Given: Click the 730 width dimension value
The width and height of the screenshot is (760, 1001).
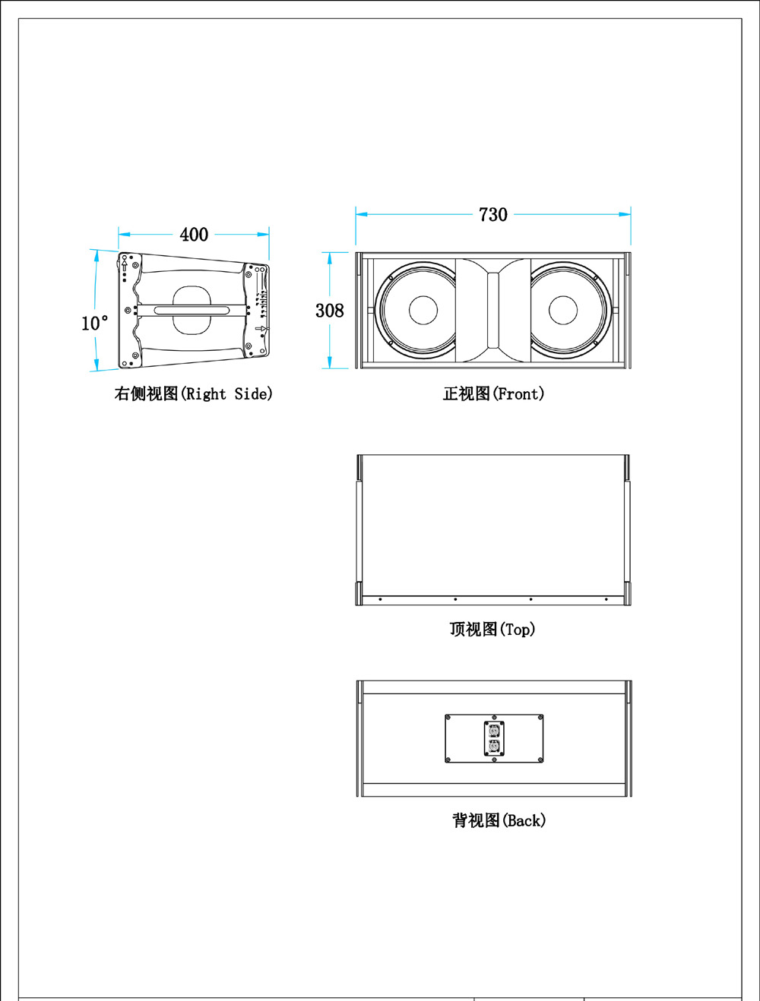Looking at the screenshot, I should click(493, 215).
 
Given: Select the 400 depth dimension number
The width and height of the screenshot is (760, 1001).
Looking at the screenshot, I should click(194, 235).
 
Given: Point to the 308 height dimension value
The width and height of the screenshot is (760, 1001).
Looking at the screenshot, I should click(329, 311).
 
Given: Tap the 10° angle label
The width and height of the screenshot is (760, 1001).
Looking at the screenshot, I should click(94, 324).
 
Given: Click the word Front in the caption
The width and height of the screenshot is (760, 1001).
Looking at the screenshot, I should click(519, 394).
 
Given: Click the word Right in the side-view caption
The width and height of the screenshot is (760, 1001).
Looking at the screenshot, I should click(206, 394).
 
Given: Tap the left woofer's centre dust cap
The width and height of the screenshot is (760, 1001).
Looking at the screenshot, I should click(423, 310).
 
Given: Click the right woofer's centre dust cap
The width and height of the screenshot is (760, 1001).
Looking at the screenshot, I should click(563, 310).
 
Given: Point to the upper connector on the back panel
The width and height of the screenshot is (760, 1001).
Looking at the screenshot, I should click(494, 731).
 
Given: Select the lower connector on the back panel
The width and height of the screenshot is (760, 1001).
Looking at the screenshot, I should click(494, 747).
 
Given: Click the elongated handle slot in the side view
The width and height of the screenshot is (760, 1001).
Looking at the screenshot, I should click(192, 310).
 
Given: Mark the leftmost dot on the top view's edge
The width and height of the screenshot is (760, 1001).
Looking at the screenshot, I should click(380, 599).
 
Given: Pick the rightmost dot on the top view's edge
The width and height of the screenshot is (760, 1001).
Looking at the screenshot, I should click(606, 599).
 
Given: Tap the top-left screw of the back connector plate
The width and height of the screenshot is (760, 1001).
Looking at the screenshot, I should click(448, 717).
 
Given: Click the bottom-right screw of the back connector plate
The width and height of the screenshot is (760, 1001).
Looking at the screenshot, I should click(540, 759).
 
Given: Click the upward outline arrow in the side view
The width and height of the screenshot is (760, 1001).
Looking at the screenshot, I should click(125, 265).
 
